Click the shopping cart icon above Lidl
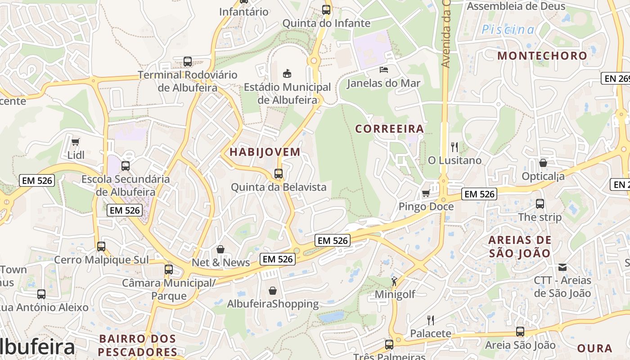pyautogui.click(x=75, y=142)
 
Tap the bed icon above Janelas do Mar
pyautogui.click(x=383, y=69)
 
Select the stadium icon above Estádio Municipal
pyautogui.click(x=287, y=73)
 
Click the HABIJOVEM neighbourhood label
pyautogui.click(x=265, y=152)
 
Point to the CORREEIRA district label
pyautogui.click(x=390, y=129)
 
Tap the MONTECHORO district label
pyautogui.click(x=542, y=56)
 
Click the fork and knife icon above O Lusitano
pyautogui.click(x=454, y=147)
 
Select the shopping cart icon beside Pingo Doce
pyautogui.click(x=426, y=193)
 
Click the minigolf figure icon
pyautogui.click(x=395, y=281)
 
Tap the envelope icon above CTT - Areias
pyautogui.click(x=562, y=267)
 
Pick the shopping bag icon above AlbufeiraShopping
pyautogui.click(x=272, y=291)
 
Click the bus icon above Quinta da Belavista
pyautogui.click(x=279, y=174)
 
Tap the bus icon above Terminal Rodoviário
pyautogui.click(x=188, y=62)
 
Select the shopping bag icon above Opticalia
pyautogui.click(x=543, y=163)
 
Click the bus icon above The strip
pyautogui.click(x=540, y=204)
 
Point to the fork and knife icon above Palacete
pyautogui.click(x=431, y=320)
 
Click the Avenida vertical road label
pyautogui.click(x=446, y=34)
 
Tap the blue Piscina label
pyautogui.click(x=508, y=30)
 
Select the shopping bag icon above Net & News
pyautogui.click(x=220, y=249)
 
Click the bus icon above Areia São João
pyautogui.click(x=520, y=332)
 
